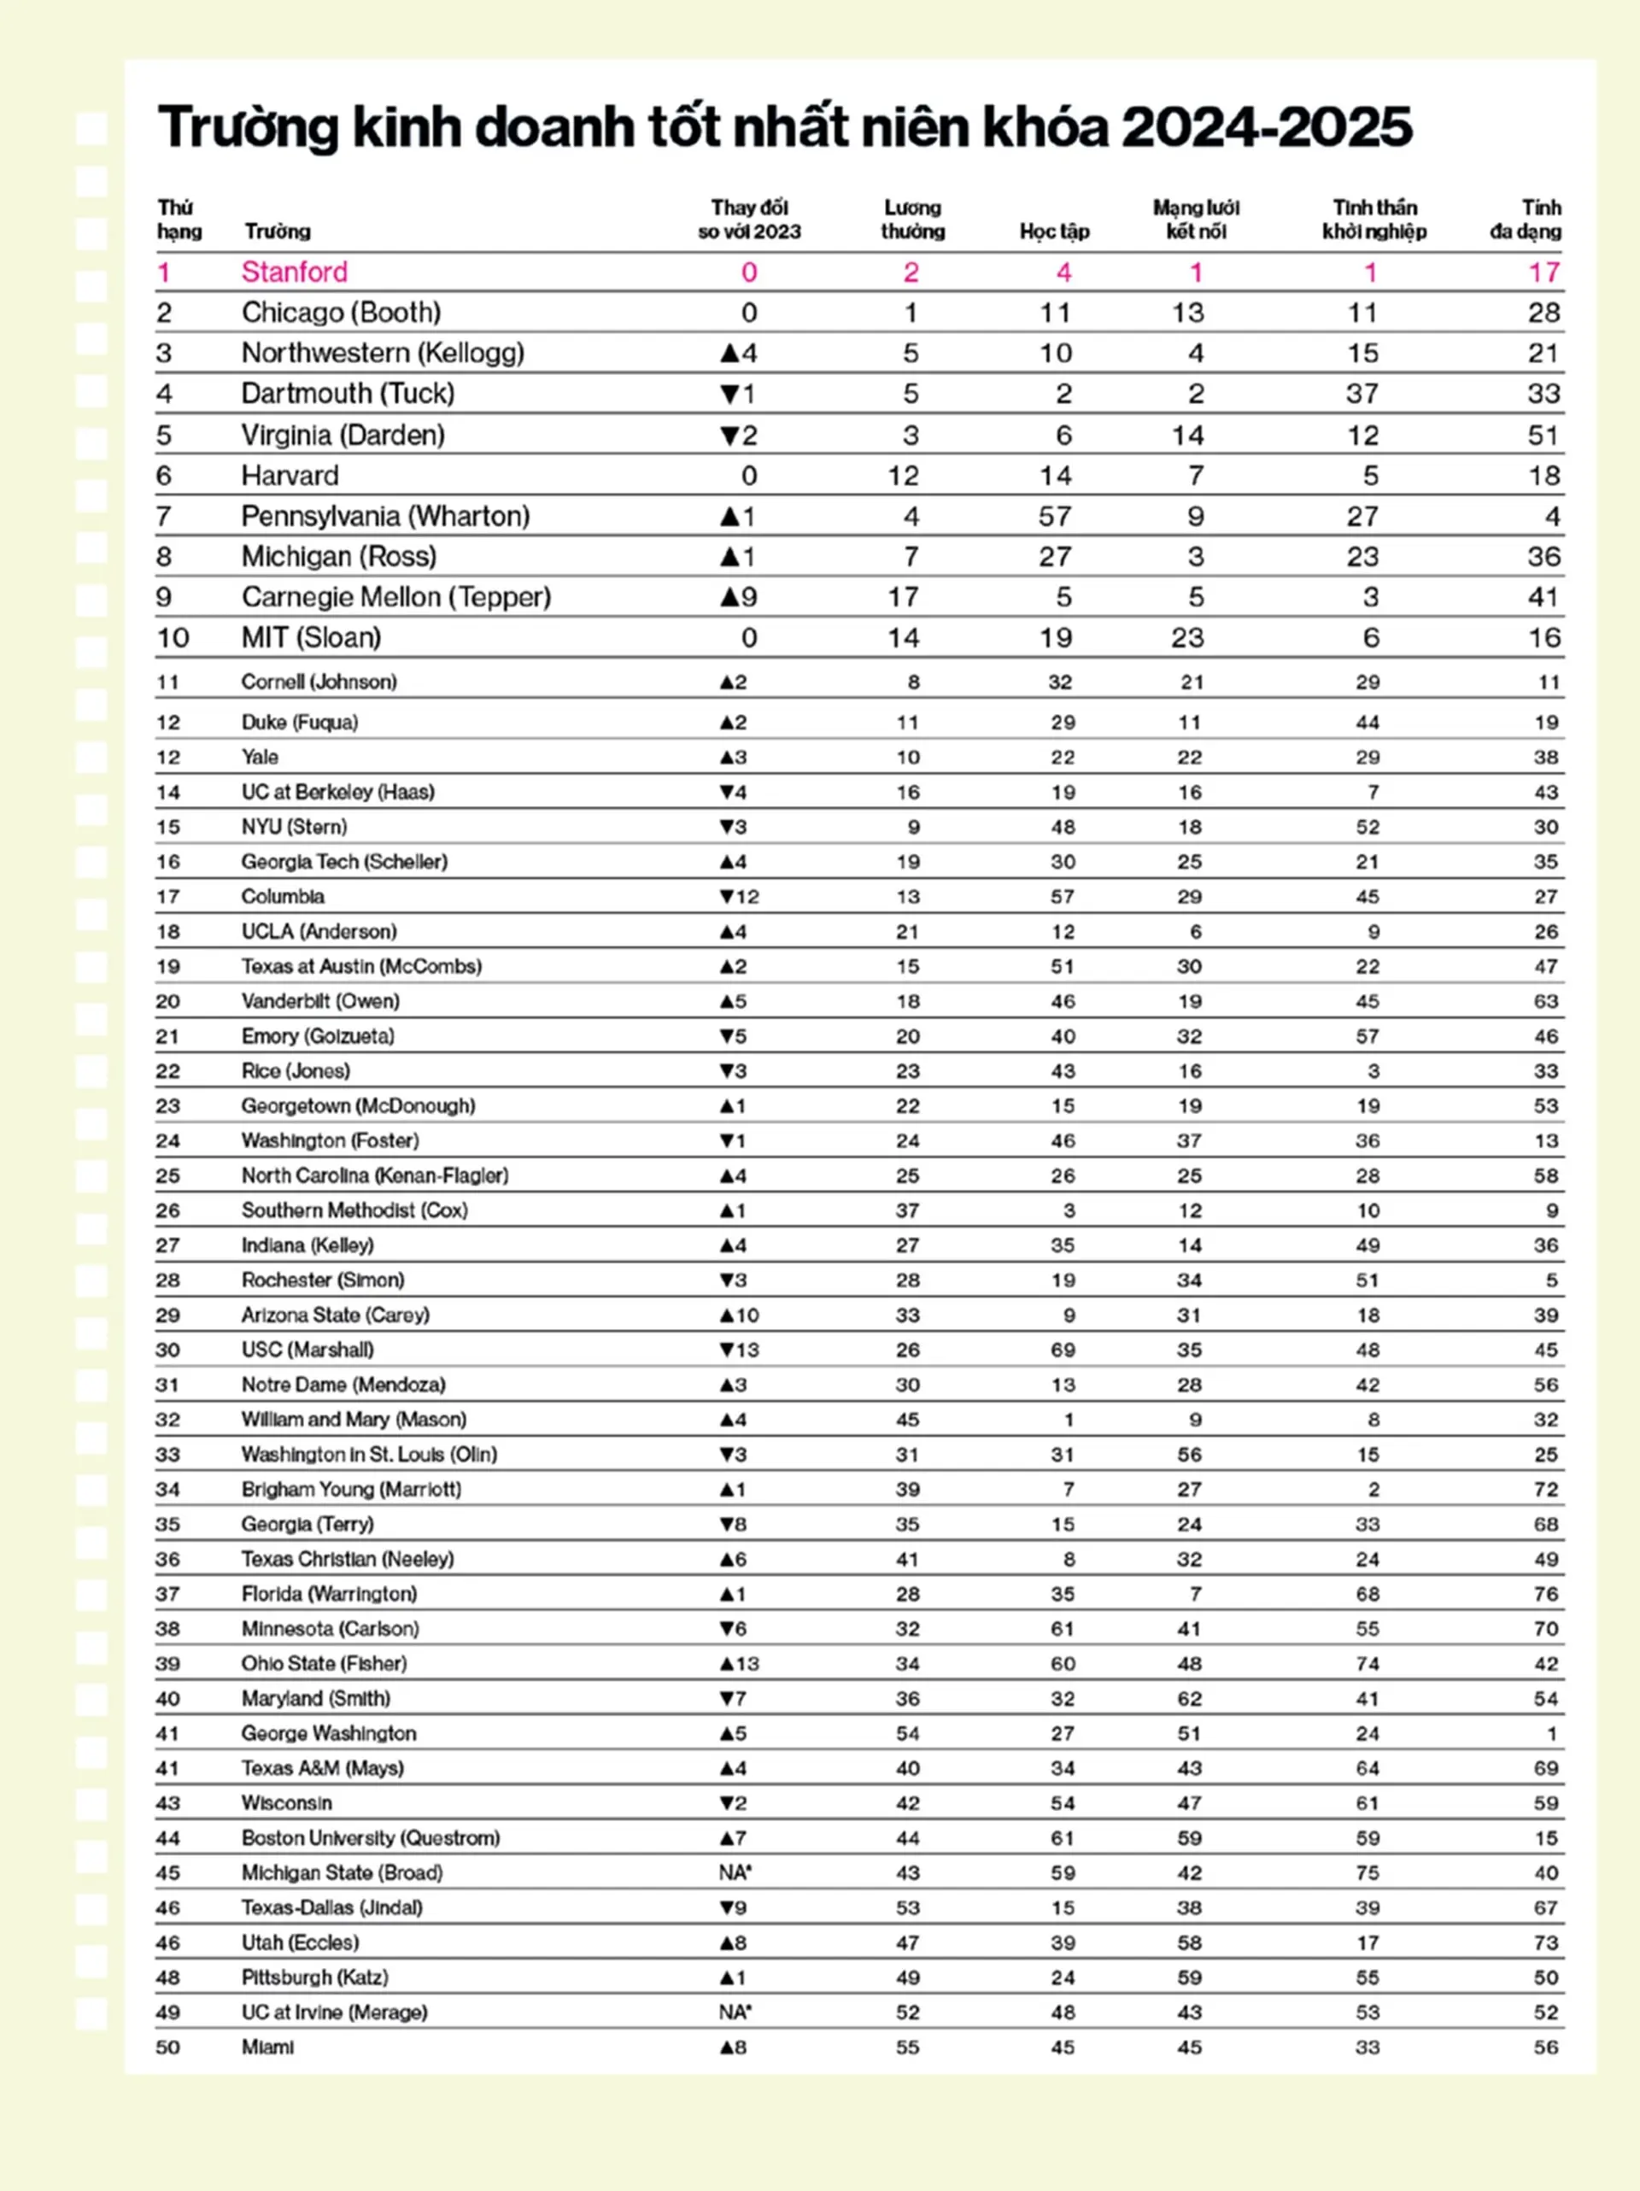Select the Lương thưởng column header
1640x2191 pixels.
tap(912, 219)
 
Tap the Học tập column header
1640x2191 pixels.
tap(1054, 231)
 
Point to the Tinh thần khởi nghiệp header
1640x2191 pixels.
tap(1373, 219)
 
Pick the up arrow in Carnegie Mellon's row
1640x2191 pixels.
tap(729, 597)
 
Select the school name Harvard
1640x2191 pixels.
tap(290, 477)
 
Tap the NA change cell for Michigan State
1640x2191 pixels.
tap(734, 1873)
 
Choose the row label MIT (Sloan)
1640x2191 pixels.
tap(311, 638)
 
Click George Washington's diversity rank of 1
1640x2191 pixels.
tap(1551, 1734)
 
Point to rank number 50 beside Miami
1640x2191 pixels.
tap(168, 2047)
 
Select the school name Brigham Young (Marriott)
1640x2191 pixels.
tap(350, 1490)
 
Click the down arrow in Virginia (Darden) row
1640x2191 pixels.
tap(729, 436)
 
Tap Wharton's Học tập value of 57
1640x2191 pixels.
tap(1054, 517)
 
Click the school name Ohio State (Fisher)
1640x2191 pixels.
tap(324, 1664)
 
